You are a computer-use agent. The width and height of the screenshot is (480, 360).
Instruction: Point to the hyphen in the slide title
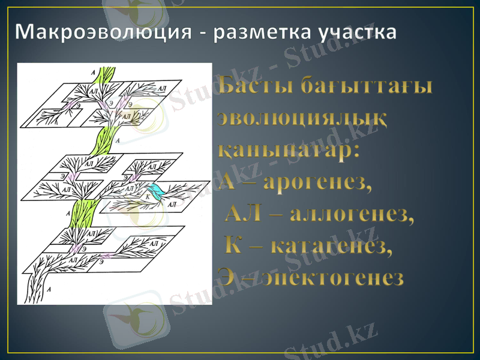tap(203, 34)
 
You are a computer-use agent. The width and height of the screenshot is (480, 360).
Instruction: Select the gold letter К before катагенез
tap(234, 245)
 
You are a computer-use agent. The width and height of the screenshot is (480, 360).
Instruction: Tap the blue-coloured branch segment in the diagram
tap(157, 193)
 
